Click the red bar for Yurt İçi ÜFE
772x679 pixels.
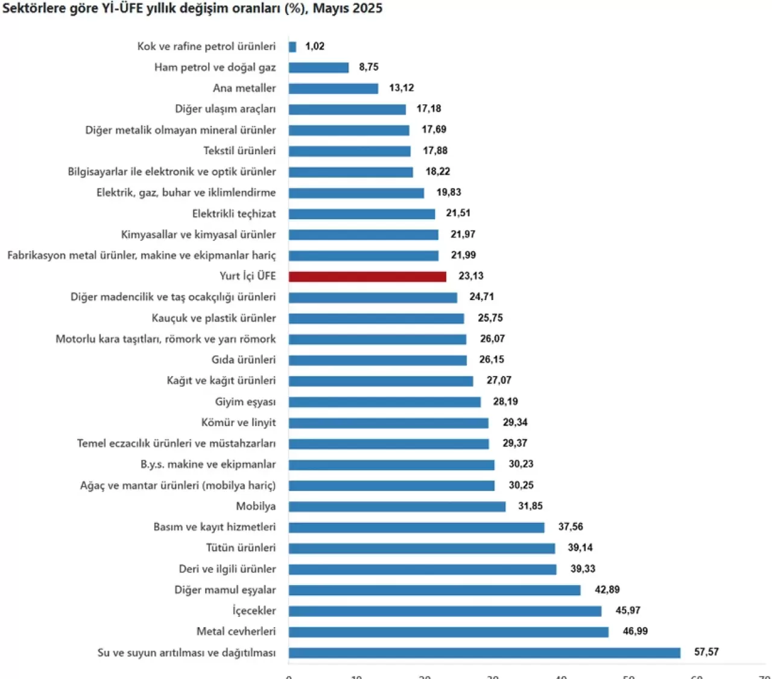click(367, 277)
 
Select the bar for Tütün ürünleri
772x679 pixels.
click(422, 548)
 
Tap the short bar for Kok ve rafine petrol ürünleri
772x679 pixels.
click(293, 47)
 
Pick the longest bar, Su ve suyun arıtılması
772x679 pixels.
click(484, 653)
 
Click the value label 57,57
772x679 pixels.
click(706, 652)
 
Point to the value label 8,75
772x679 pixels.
click(369, 67)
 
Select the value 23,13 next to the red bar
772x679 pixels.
click(471, 276)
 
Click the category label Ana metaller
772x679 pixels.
click(244, 88)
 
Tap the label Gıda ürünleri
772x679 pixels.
click(244, 360)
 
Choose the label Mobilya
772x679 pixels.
click(256, 506)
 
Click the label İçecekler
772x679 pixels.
click(255, 610)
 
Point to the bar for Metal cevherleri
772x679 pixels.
click(448, 632)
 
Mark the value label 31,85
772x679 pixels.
click(530, 506)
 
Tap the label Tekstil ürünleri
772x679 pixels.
click(239, 151)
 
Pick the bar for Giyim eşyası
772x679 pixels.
click(384, 402)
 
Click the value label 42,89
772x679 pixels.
click(607, 589)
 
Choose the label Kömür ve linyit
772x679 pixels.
click(238, 422)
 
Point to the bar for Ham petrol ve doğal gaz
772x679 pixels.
click(318, 67)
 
